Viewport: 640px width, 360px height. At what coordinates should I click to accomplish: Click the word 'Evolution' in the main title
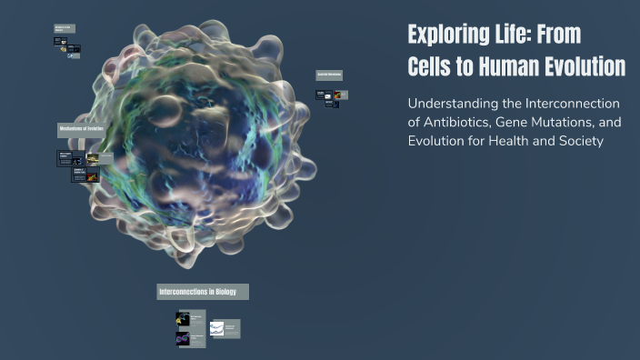click(590, 67)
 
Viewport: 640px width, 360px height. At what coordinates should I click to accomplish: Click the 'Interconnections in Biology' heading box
click(202, 292)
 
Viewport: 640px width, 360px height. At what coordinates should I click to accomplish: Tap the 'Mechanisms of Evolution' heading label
click(81, 130)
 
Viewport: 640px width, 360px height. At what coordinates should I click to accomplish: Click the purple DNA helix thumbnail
click(183, 338)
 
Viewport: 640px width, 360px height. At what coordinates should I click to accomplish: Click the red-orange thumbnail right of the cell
click(337, 94)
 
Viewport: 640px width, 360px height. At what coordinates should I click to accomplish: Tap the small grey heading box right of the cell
click(328, 75)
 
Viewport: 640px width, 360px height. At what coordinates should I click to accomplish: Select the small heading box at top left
click(64, 28)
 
